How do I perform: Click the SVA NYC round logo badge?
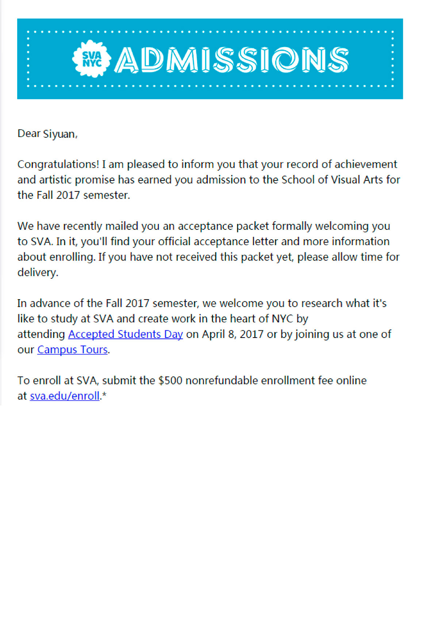(x=92, y=59)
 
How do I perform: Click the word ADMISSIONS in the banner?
(x=232, y=59)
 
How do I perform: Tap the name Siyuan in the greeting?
(x=59, y=134)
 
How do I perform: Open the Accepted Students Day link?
(x=125, y=334)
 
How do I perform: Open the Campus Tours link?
(x=72, y=350)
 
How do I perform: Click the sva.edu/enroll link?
(x=65, y=396)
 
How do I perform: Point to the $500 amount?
(x=170, y=381)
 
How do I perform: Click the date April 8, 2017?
(x=233, y=334)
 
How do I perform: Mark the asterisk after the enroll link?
(x=104, y=395)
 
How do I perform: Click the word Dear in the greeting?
(x=29, y=134)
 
